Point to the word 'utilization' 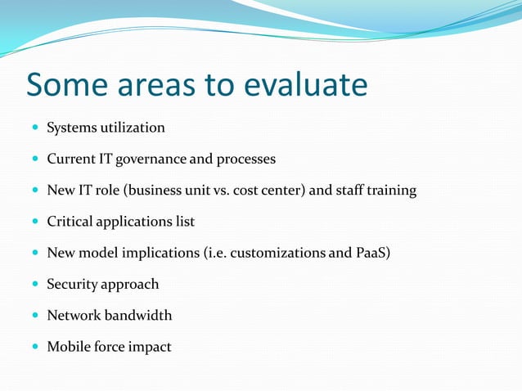[x=133, y=128]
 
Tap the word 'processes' [x=245, y=159]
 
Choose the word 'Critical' [x=71, y=222]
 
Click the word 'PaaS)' [x=373, y=253]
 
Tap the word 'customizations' [x=278, y=253]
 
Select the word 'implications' [x=159, y=253]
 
